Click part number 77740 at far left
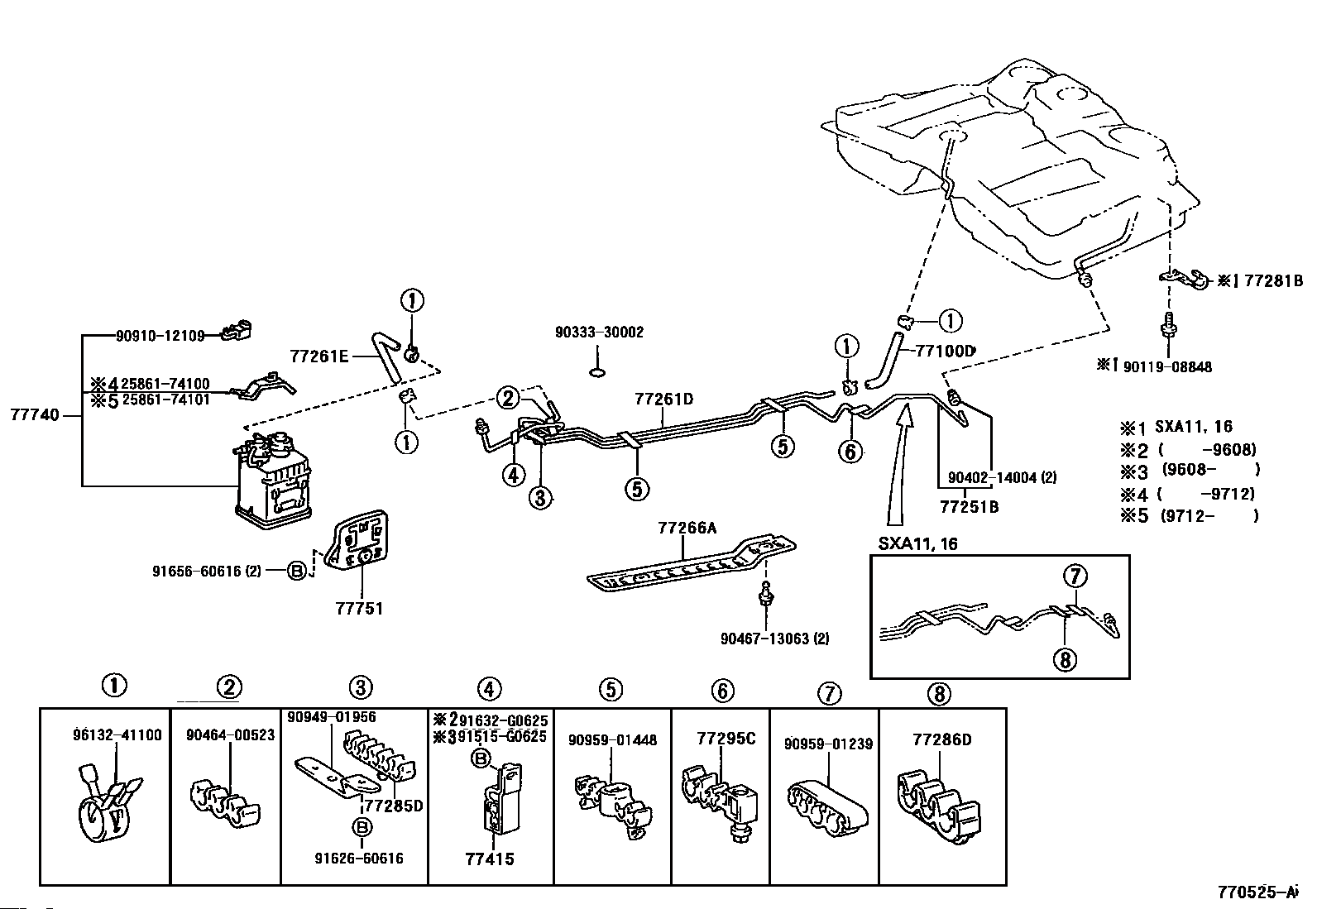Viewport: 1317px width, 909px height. [35, 415]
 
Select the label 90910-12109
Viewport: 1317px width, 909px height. [160, 336]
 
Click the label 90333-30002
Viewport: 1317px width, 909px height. [599, 333]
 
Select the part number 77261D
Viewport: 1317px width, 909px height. [663, 399]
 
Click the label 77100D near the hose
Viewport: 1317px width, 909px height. [945, 351]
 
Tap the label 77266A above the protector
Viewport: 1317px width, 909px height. [687, 528]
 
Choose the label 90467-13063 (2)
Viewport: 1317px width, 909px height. [773, 638]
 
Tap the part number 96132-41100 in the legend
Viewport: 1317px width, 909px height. [117, 734]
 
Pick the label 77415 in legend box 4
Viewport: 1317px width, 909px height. [491, 859]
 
